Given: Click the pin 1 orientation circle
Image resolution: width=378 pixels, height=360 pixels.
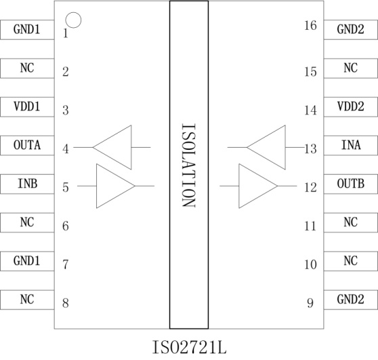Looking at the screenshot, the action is coord(73,13).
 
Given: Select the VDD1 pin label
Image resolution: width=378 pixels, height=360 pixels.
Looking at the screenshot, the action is coord(27,106).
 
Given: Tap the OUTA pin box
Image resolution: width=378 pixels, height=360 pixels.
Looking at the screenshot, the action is coord(27,146).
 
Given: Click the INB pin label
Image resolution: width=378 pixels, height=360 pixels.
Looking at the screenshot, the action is coord(28,184).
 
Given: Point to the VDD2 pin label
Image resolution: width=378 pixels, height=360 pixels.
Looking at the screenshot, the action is coord(350,106).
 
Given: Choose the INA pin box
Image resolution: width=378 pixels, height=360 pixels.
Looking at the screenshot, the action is coord(351,146).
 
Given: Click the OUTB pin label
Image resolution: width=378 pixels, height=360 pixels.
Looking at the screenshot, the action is coord(350,184).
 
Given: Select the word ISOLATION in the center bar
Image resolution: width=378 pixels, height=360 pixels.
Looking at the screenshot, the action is coord(188,165).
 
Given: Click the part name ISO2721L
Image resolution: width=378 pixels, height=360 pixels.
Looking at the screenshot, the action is coord(189,347).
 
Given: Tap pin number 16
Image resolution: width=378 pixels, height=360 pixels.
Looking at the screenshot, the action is coord(310,25).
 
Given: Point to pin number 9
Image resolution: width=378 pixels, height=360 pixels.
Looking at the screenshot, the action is coord(310,303).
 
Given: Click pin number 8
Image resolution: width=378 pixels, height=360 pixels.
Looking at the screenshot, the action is coord(66,303).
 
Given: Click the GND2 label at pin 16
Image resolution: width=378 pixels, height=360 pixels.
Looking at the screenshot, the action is coord(350,29).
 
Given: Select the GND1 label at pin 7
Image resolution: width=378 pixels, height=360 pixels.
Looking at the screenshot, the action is coord(27,261).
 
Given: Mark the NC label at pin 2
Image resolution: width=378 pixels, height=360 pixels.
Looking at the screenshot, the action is coord(27,68).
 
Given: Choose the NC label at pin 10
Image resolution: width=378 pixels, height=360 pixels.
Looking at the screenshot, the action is coord(350,261).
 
